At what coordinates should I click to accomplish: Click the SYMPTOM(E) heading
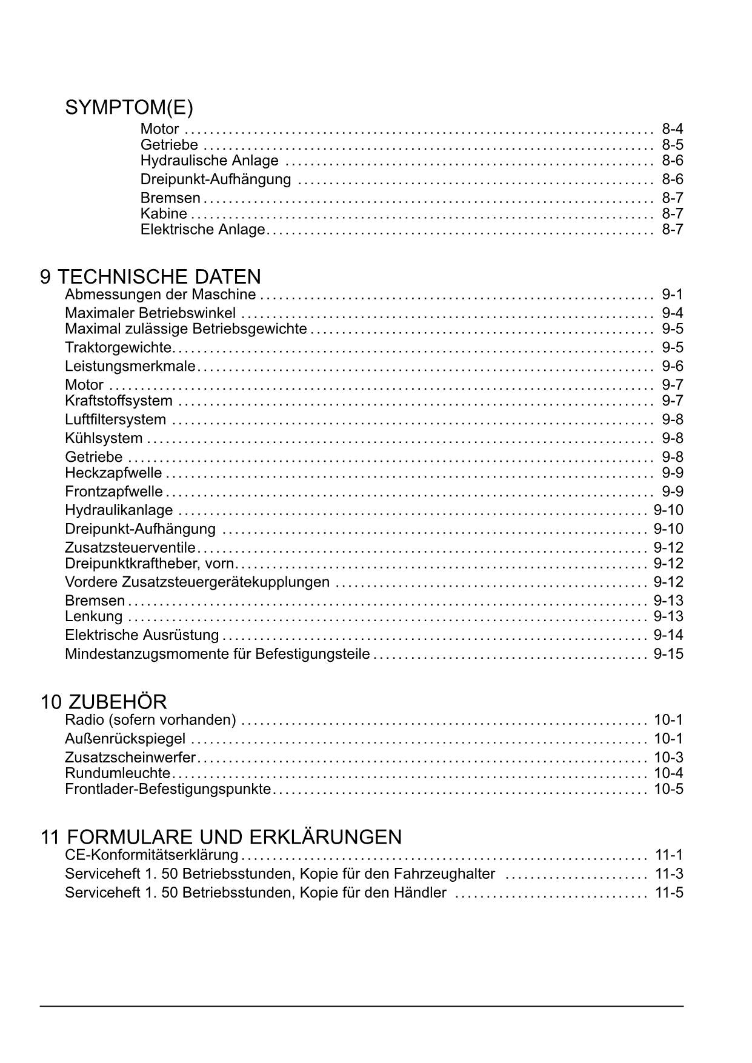pos(129,108)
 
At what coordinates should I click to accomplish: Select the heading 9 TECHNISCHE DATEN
pos(150,277)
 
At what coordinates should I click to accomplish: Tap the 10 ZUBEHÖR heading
pos(104,702)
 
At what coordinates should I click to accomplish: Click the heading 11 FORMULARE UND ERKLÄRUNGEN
pos(221,837)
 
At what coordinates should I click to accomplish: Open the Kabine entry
pos(164,213)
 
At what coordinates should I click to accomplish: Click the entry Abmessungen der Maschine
pos(160,295)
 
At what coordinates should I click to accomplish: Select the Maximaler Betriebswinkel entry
pos(150,313)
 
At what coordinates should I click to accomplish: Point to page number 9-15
pos(668,654)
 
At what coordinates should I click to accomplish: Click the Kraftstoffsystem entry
pos(119,401)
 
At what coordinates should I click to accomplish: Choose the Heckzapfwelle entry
pos(113,473)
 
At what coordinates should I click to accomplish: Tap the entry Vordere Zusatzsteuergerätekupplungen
pos(197,582)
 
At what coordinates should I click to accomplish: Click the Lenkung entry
pos(93,616)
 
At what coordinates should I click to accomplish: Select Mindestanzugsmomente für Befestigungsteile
pos(217,654)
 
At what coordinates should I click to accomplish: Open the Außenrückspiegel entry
pos(125,739)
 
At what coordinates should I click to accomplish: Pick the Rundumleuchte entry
pos(118,773)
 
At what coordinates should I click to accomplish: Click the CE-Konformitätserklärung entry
pos(151,855)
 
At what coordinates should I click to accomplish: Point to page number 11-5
pos(669,893)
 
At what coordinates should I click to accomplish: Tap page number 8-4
pos(672,128)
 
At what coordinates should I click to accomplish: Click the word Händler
pos(420,893)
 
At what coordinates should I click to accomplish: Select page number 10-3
pos(668,758)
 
